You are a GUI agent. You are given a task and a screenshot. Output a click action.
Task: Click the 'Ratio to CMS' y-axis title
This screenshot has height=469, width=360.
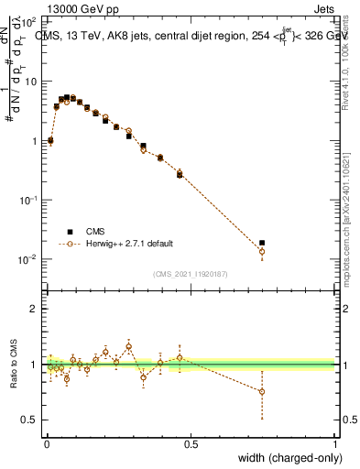(14, 365)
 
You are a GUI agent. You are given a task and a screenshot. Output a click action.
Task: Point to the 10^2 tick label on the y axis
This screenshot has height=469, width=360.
(27, 20)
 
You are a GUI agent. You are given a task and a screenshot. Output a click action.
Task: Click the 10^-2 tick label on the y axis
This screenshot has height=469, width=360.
(27, 259)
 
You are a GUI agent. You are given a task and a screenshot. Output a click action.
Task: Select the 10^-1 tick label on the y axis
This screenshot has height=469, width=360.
(27, 200)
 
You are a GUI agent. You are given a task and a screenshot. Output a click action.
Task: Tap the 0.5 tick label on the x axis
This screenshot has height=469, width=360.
(191, 442)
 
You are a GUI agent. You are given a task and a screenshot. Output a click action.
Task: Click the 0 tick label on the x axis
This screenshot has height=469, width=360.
(46, 442)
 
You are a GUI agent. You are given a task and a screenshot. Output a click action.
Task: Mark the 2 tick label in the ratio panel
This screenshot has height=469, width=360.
(33, 309)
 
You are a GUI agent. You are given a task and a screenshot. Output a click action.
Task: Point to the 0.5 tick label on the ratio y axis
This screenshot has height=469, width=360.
(29, 420)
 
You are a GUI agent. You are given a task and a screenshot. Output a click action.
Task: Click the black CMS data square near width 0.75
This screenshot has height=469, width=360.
(262, 243)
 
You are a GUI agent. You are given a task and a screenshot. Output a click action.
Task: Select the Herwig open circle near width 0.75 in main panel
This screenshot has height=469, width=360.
(262, 251)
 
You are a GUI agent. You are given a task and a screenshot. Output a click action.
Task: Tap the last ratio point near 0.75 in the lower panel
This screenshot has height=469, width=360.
(262, 391)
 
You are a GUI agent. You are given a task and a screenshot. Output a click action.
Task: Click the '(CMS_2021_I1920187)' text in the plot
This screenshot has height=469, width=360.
(191, 272)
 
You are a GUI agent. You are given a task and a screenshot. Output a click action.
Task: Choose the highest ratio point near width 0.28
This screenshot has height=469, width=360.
(129, 346)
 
